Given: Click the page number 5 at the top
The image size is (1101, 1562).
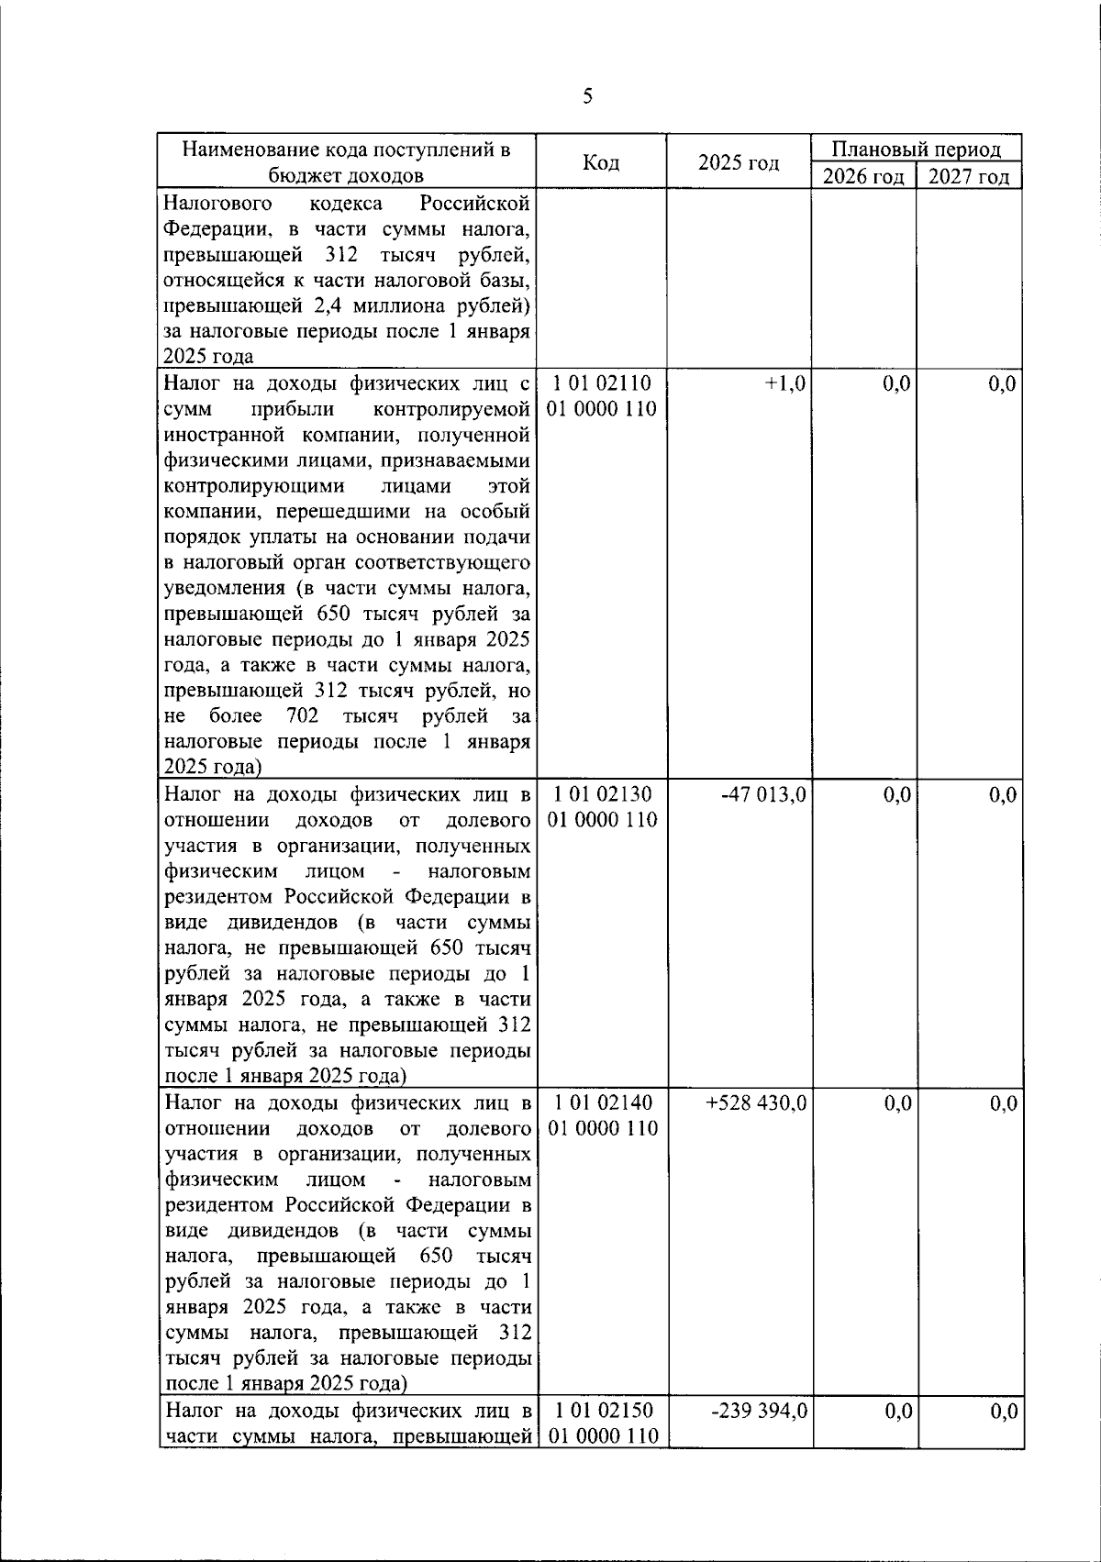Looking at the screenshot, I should (x=587, y=96).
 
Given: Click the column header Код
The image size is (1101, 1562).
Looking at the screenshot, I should (x=602, y=163).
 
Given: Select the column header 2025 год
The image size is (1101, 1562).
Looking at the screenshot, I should (x=739, y=163).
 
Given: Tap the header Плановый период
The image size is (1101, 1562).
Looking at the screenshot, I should (x=916, y=150).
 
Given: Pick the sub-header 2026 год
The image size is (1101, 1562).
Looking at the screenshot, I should (x=863, y=176).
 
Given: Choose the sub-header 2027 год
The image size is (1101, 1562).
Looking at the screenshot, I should (x=969, y=176).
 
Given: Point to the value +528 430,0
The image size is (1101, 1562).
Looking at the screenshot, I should (x=757, y=1102).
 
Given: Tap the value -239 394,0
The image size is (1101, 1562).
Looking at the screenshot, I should (x=760, y=1411).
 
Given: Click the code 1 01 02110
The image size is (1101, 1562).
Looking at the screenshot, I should (x=602, y=383).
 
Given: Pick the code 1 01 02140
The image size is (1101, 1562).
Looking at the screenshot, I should (x=602, y=1102).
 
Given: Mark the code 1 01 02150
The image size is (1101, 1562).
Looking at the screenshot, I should (x=602, y=1411).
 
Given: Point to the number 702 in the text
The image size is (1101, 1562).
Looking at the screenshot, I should (x=302, y=715).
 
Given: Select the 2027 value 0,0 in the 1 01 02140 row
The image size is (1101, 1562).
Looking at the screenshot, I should (x=1003, y=1102).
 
